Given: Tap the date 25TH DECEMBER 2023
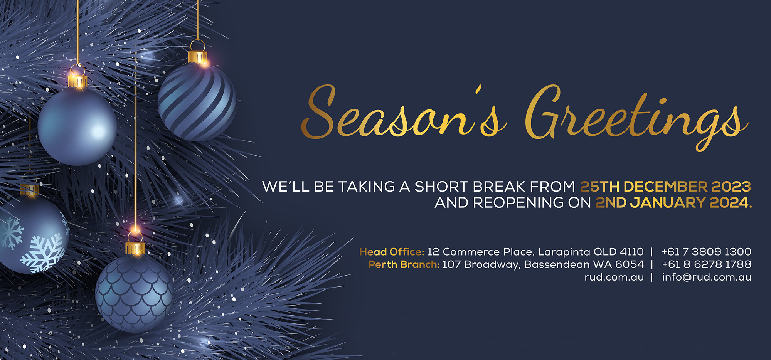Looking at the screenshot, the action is click(x=666, y=187).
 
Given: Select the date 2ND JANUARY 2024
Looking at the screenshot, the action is click(x=674, y=202).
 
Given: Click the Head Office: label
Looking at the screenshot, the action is click(x=392, y=252).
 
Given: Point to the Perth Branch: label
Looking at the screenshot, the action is click(x=404, y=264).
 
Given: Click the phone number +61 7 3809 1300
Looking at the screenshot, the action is click(x=706, y=252).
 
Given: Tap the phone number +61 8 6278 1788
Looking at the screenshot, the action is click(x=707, y=264).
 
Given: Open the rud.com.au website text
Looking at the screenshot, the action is click(x=614, y=277).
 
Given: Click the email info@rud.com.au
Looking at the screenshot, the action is click(x=707, y=277).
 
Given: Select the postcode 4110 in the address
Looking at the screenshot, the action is click(x=632, y=252).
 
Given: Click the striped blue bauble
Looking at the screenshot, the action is click(x=197, y=102).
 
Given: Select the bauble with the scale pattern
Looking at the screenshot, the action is click(x=135, y=293).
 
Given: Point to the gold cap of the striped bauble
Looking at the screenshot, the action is click(x=198, y=57).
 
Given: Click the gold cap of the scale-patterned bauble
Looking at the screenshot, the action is click(x=135, y=248).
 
